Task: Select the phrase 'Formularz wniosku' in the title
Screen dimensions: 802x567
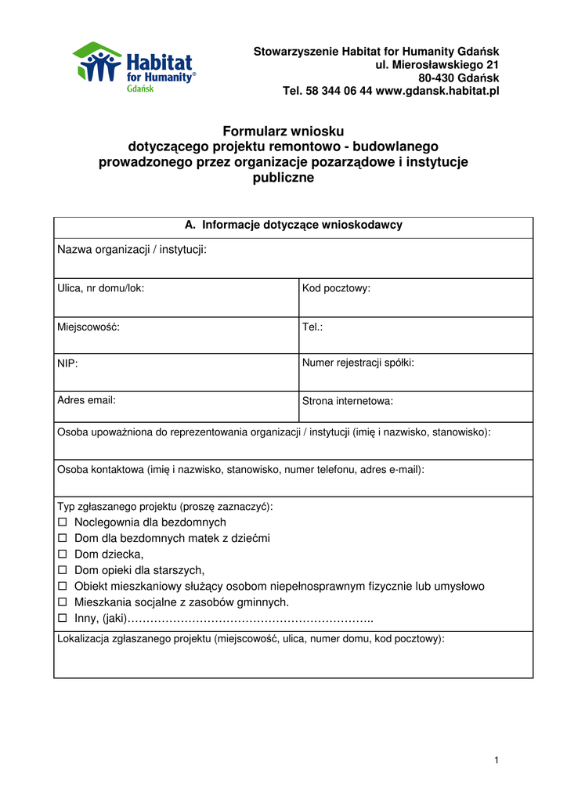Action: [x=283, y=131]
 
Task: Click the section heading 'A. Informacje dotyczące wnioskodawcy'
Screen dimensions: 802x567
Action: [x=293, y=225]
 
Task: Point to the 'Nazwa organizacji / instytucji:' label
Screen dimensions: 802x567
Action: [x=132, y=249]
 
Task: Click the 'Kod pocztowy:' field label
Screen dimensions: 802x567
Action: [x=336, y=288]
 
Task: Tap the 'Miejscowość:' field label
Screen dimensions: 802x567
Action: [x=88, y=327]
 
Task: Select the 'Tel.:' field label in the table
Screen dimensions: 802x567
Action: [x=312, y=327]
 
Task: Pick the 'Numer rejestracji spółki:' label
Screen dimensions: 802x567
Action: [x=358, y=363]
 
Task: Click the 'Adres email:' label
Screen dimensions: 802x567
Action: [x=86, y=400]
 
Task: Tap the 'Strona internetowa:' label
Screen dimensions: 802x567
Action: [x=348, y=401]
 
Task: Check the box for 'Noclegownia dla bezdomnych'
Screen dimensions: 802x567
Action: [x=63, y=522]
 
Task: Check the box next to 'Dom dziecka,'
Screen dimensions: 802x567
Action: [x=63, y=555]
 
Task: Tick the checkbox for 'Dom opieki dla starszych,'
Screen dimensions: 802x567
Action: [x=63, y=570]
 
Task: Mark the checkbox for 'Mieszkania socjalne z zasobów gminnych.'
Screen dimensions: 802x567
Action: [x=63, y=602]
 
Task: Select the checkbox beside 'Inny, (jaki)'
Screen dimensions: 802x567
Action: [x=63, y=619]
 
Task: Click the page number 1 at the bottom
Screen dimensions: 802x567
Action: [x=497, y=760]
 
